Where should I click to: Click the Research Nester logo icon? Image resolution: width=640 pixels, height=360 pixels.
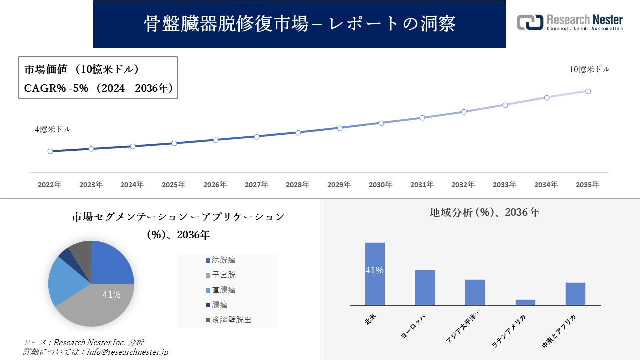[x=530, y=22]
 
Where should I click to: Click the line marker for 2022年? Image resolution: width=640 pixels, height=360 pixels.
[x=50, y=151]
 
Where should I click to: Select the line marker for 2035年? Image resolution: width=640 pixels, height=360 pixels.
[x=588, y=91]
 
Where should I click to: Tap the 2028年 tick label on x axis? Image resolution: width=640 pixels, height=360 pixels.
[x=298, y=185]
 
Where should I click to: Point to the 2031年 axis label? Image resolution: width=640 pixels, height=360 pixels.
[x=422, y=185]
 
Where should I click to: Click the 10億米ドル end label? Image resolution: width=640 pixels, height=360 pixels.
[x=589, y=70]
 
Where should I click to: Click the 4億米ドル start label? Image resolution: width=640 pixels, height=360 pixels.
[x=53, y=129]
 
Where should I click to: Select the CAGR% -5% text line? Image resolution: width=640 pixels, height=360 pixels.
[x=98, y=88]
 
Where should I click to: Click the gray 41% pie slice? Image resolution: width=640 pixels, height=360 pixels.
[x=100, y=305]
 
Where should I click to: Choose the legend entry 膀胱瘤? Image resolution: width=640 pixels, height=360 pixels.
[x=223, y=260]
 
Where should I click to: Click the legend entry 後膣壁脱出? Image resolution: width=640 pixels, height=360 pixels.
[x=231, y=320]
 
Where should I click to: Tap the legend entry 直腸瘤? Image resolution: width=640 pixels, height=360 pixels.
[x=223, y=290]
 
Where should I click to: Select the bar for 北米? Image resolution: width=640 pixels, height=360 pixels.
[x=375, y=274]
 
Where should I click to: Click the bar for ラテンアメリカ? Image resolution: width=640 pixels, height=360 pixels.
[x=525, y=302]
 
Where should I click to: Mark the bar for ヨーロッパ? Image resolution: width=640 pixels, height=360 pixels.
[x=425, y=288]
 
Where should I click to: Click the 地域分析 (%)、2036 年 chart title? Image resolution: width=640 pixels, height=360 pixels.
[x=484, y=212]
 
